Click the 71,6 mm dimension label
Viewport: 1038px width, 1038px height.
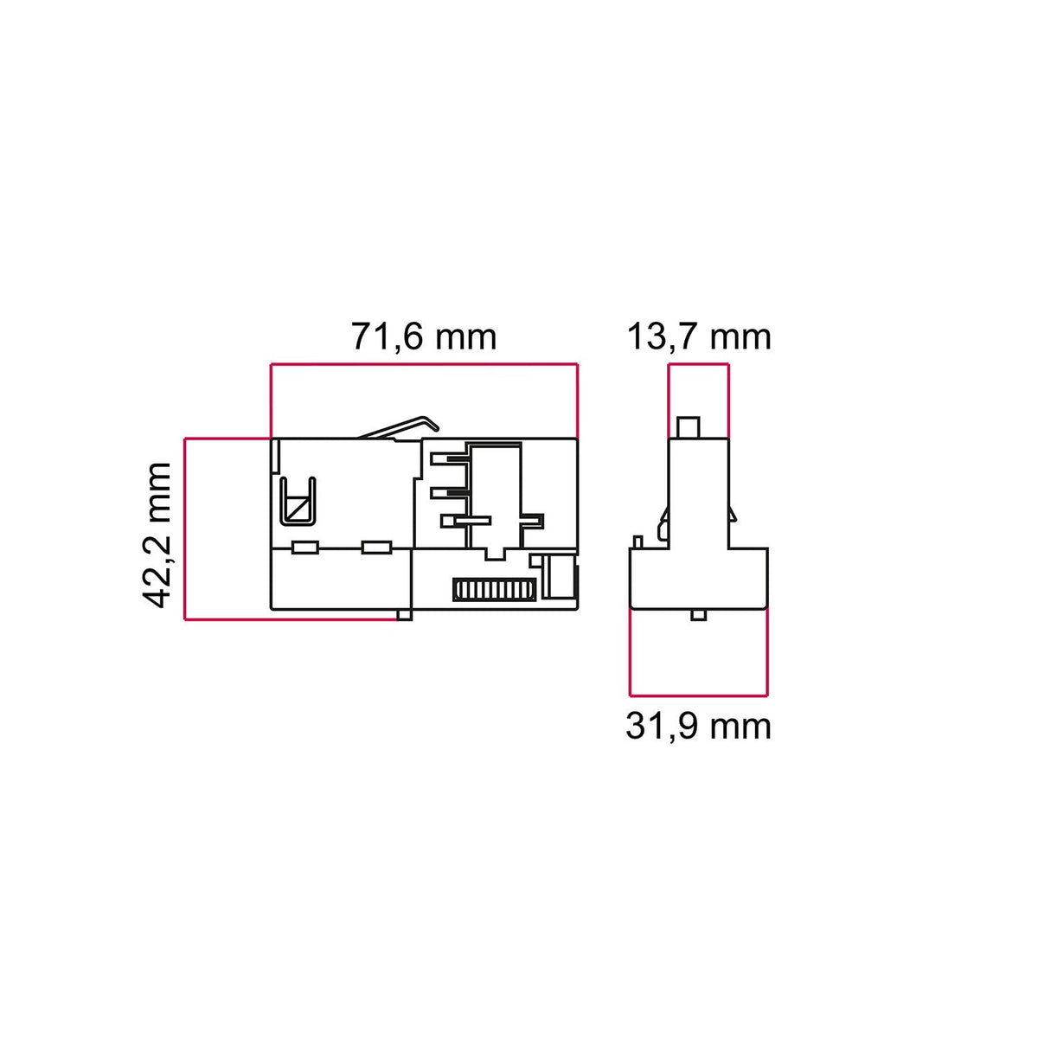coord(424,336)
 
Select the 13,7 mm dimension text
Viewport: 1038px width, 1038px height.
coord(699,336)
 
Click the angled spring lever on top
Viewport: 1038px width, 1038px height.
coord(399,427)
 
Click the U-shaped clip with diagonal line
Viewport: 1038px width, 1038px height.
coord(298,501)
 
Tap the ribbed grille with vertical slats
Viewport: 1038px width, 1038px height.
coord(494,589)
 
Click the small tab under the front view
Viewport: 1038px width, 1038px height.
coord(404,615)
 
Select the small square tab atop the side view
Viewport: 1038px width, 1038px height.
coord(688,427)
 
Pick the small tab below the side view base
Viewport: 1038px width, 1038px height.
coord(698,615)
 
